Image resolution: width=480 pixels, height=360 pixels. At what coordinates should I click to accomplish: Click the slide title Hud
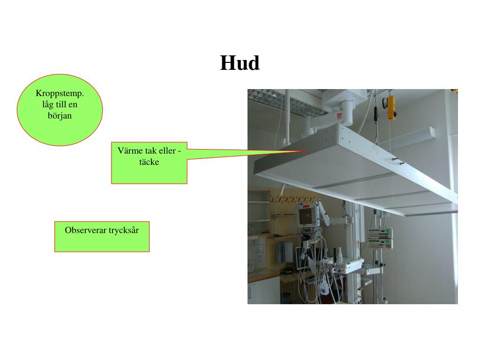coord(240,63)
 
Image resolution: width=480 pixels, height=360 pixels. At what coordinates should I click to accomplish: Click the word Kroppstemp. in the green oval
coord(60,93)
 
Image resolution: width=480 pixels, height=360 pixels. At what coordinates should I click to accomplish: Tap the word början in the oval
coord(60,115)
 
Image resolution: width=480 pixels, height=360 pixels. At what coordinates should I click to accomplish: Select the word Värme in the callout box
coord(128,152)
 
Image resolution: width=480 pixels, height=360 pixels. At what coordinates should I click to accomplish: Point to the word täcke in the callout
coord(149,162)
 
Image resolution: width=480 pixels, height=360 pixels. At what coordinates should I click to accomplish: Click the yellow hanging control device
coord(391,108)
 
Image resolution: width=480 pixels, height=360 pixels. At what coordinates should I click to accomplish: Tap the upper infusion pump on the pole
coord(380,232)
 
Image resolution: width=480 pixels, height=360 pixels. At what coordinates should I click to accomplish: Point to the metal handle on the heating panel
coord(398,162)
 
